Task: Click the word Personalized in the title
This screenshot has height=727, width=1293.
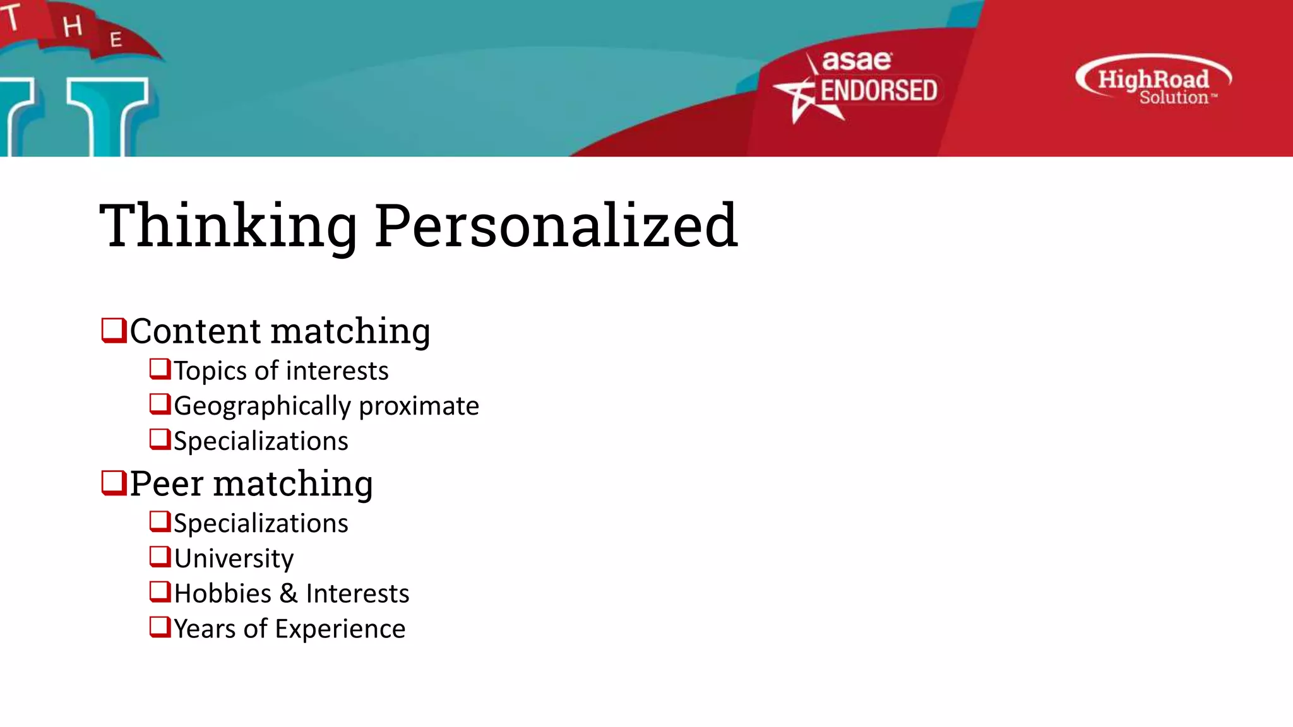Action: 556,226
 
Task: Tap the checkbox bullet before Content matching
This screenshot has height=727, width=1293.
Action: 114,330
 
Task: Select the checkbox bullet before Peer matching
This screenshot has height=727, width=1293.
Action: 114,483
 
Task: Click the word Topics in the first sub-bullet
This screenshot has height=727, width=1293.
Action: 210,371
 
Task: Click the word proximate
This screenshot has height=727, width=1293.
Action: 419,406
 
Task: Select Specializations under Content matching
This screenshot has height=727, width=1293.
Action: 261,441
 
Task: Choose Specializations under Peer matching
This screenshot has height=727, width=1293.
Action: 261,524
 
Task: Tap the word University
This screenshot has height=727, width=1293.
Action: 234,559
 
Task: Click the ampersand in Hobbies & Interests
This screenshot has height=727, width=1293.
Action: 289,594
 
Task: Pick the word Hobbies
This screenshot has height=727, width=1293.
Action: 223,594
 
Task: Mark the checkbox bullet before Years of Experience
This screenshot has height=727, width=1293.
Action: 160,627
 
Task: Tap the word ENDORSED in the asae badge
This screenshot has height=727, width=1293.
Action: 878,91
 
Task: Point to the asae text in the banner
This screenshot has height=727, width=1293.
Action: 857,61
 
